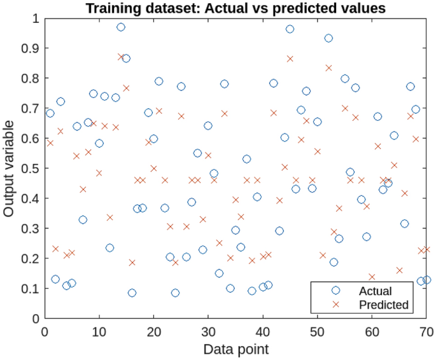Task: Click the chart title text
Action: (x=236, y=8)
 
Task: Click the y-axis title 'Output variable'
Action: (x=9, y=168)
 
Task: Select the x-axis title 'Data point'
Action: (x=235, y=349)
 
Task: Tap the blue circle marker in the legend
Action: (x=335, y=291)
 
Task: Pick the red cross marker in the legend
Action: (x=335, y=305)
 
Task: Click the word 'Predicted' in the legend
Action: (x=383, y=305)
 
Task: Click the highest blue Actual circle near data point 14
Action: (x=121, y=27)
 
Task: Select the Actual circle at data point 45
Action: (x=290, y=29)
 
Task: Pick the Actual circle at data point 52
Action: (x=328, y=38)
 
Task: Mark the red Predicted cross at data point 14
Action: (x=121, y=57)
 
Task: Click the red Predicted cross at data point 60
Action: (x=372, y=277)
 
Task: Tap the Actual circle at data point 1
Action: (x=50, y=113)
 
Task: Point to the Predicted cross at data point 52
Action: (x=328, y=67)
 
